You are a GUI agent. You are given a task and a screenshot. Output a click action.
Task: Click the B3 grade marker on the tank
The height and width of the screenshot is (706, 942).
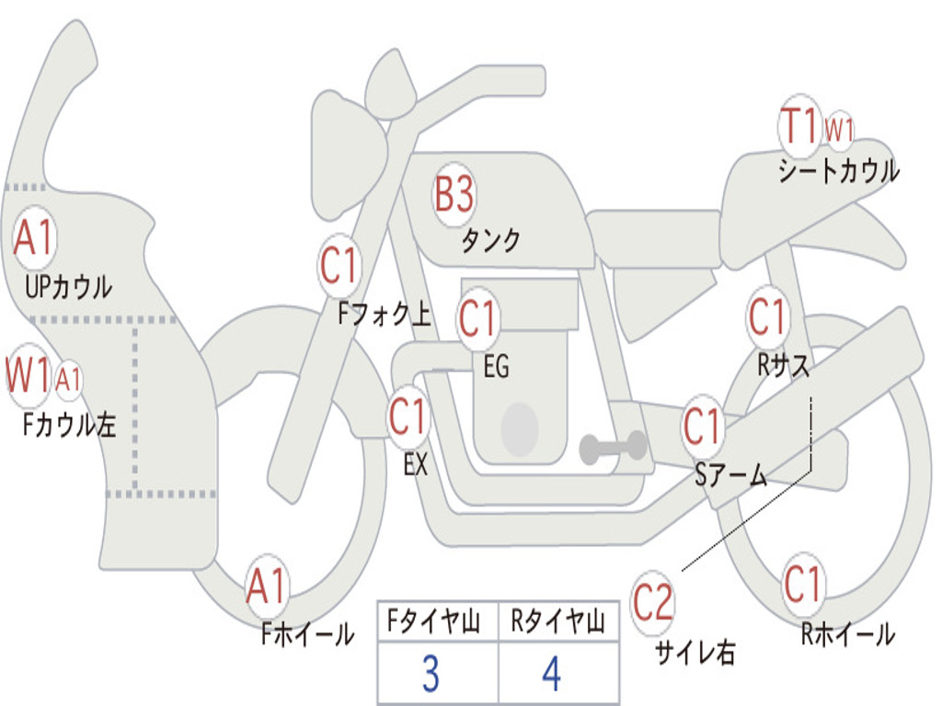point(454,194)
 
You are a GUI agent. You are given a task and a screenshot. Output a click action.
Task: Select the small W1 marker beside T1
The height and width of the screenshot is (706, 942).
point(839,130)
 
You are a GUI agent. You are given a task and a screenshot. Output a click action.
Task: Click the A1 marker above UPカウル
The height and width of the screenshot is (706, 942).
point(35,239)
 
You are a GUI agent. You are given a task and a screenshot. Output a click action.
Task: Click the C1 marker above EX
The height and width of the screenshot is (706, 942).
point(408,417)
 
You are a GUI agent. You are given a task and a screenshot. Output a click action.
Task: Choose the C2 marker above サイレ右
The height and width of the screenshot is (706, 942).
point(652,602)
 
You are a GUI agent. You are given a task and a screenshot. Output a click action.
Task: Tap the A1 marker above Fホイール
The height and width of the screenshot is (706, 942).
point(267,586)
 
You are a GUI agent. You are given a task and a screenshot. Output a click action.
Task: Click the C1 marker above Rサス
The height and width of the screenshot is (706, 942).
point(767,317)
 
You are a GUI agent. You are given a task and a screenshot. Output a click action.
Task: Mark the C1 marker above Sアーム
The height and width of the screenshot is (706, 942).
point(703,427)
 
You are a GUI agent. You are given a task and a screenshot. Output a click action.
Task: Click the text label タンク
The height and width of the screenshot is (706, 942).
point(490,241)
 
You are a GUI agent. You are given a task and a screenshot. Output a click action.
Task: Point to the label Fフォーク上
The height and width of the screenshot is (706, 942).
point(384,315)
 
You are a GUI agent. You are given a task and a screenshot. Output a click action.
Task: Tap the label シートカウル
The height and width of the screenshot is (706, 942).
point(838,172)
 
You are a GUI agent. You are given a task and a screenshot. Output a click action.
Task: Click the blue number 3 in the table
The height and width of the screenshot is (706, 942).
point(430,674)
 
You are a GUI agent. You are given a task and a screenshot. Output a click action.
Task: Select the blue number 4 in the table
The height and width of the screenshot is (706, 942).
point(552,674)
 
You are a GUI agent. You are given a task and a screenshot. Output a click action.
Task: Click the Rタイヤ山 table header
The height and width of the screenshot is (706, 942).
point(557,624)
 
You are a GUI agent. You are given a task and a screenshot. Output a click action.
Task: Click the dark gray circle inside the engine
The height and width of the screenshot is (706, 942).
point(520,428)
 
